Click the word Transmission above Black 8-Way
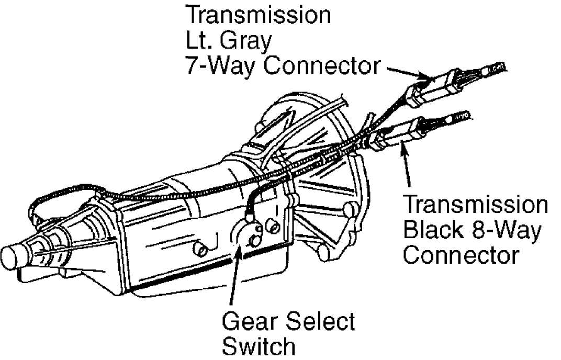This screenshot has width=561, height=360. tap(476, 205)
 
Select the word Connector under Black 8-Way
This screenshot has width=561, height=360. tap(461, 255)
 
